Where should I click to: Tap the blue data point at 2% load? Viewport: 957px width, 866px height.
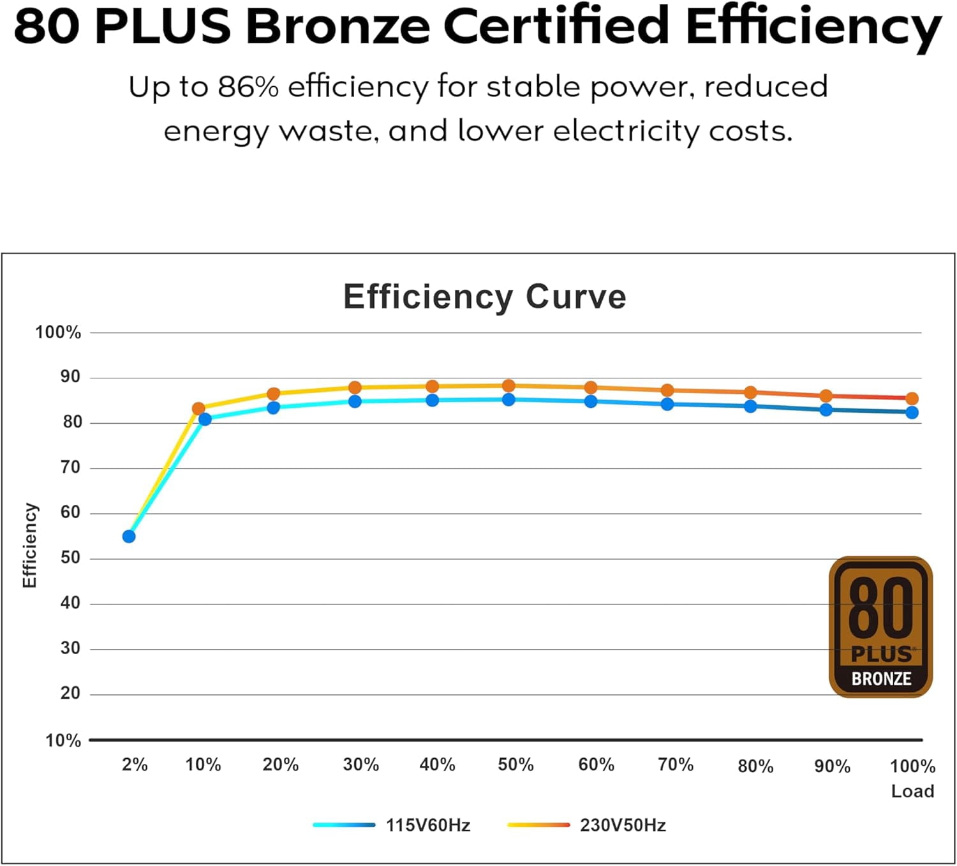[x=129, y=537]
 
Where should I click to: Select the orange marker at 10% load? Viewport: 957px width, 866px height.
[x=198, y=408]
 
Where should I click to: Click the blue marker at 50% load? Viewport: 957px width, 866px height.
[x=508, y=399]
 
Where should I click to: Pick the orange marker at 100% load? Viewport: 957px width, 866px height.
[x=912, y=398]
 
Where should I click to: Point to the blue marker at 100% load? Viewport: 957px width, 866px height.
[x=912, y=412]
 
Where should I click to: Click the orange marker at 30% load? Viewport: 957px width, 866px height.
[x=355, y=387]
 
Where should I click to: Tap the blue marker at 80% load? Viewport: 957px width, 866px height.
[x=750, y=407]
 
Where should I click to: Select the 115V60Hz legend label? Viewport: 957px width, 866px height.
[x=428, y=825]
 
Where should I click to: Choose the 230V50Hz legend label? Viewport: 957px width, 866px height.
[x=623, y=825]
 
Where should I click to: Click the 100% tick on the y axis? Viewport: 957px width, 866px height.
[x=58, y=332]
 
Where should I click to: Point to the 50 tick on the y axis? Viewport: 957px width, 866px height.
[x=70, y=558]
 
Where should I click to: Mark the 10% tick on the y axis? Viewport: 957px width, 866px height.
[x=63, y=740]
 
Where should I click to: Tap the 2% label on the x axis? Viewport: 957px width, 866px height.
[x=135, y=765]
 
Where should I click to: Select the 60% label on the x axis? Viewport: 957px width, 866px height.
[x=596, y=765]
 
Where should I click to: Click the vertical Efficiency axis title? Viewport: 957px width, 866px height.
[x=29, y=545]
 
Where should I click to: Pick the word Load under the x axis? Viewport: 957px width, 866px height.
[x=912, y=791]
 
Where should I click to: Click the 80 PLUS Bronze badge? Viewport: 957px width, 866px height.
[x=880, y=626]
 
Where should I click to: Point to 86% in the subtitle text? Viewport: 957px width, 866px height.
[x=248, y=87]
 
